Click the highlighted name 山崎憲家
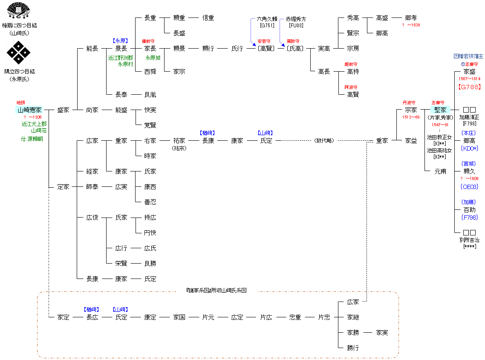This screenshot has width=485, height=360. (30, 110)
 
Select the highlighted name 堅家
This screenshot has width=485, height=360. (440, 110)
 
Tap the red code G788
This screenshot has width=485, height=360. (469, 87)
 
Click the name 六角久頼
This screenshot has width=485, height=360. (267, 19)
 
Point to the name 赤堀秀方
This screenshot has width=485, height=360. (296, 19)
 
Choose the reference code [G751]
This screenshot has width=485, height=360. (267, 26)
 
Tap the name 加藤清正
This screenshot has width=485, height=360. (469, 117)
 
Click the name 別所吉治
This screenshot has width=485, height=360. (469, 240)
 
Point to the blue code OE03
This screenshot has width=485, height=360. (469, 186)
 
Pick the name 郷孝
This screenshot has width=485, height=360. (411, 18)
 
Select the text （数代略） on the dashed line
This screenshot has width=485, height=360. (324, 140)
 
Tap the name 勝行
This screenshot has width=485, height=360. (353, 348)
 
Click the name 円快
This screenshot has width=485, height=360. (150, 232)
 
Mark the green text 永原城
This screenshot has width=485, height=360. (153, 58)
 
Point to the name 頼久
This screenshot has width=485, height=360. (469, 171)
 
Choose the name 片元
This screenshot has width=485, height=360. (208, 317)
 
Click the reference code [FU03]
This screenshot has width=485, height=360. (296, 26)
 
